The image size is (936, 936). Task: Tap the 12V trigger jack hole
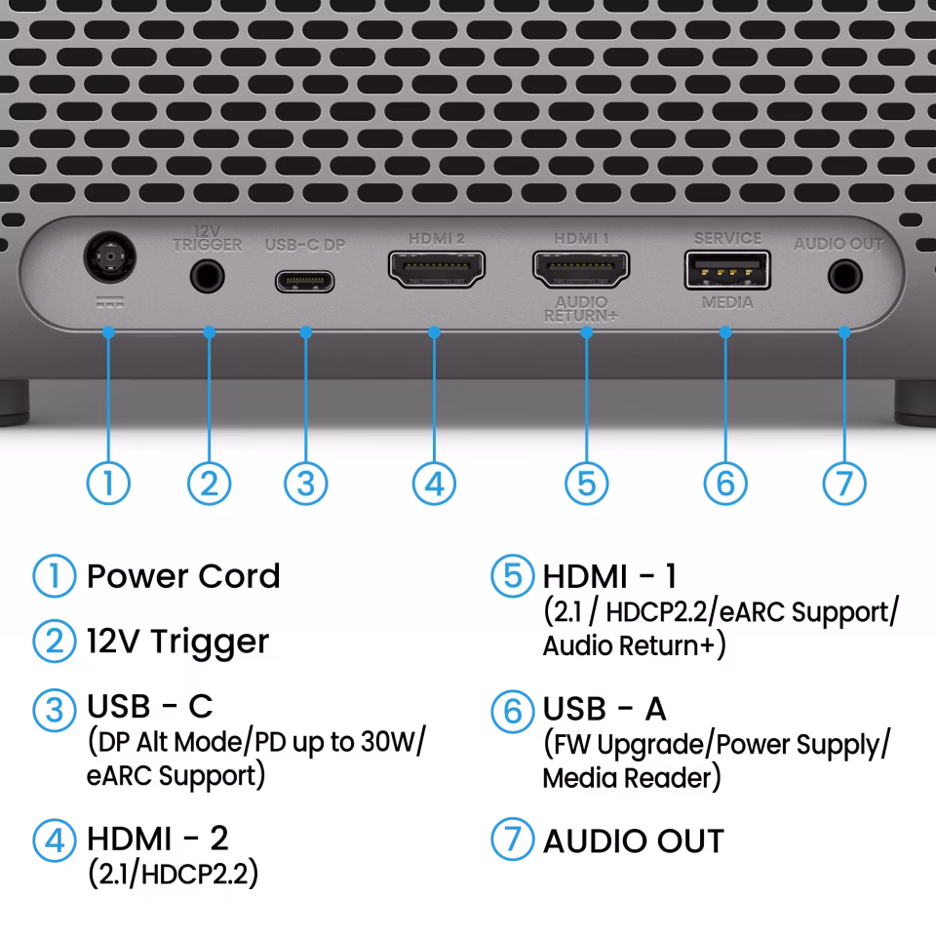click(x=207, y=276)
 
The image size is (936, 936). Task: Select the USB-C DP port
click(x=305, y=281)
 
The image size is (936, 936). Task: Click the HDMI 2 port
click(x=436, y=270)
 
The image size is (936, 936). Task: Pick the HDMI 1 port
click(x=581, y=268)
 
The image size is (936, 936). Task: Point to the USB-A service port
click(x=726, y=270)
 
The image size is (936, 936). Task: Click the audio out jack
click(x=843, y=277)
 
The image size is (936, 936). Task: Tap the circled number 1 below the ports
click(x=108, y=483)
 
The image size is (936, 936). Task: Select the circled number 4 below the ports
click(x=435, y=483)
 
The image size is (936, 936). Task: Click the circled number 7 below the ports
click(x=843, y=483)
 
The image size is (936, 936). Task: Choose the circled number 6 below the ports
click(x=725, y=483)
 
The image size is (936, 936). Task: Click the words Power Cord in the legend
click(x=183, y=576)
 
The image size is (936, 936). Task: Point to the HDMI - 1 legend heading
click(x=610, y=576)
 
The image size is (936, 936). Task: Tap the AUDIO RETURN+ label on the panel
click(x=581, y=309)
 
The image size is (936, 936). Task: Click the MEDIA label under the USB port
click(x=727, y=303)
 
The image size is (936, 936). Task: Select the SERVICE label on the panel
click(x=727, y=238)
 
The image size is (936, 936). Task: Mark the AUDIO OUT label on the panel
click(x=838, y=244)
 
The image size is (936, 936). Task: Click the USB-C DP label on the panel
click(x=305, y=245)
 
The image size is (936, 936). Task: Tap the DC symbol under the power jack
click(x=109, y=302)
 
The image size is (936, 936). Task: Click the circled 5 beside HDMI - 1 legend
click(x=512, y=576)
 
